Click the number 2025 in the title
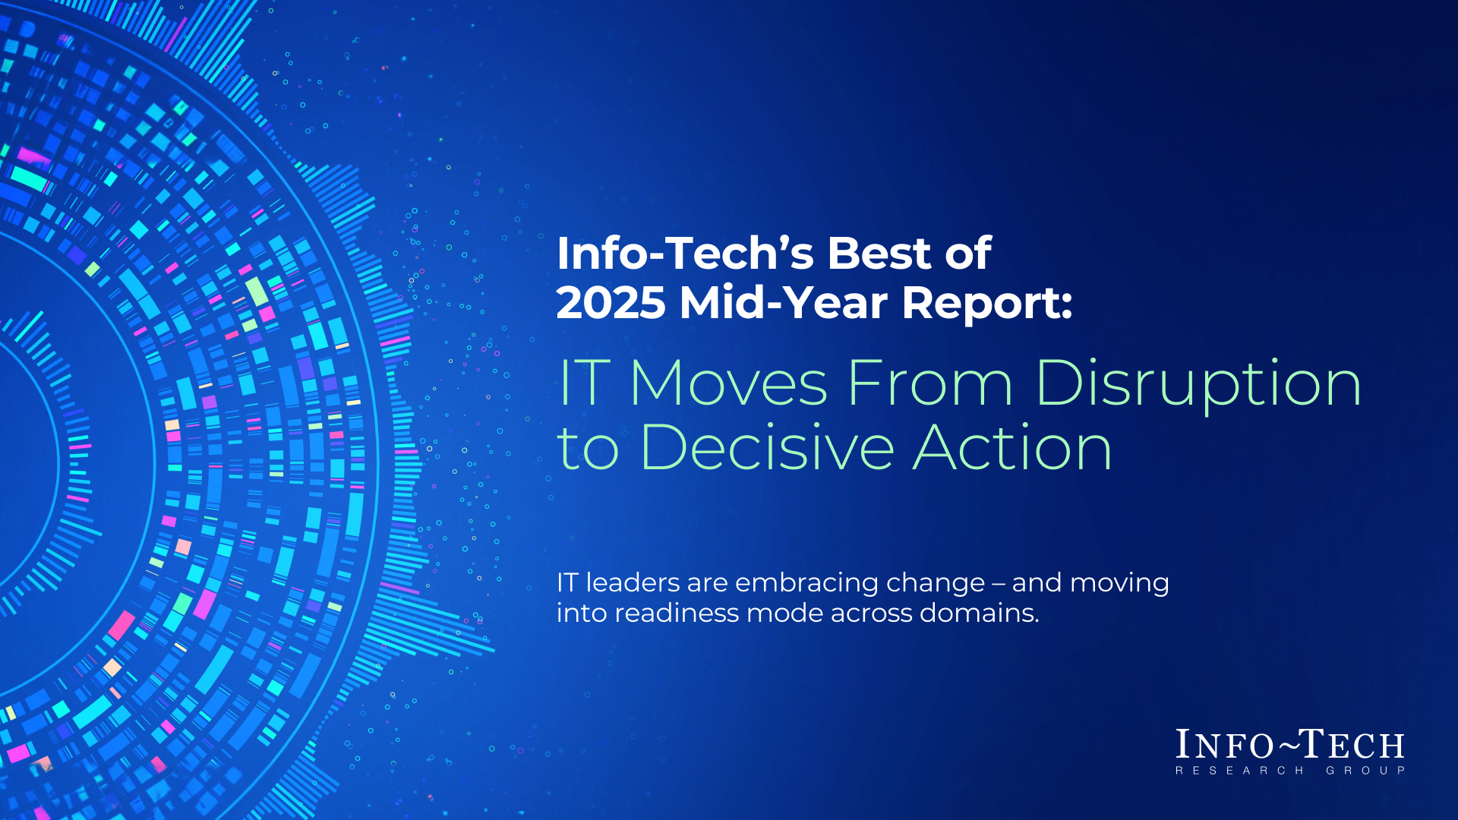(611, 303)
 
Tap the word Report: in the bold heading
(987, 303)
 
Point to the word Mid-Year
(783, 303)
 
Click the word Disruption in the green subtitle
(1198, 384)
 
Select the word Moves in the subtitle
(728, 384)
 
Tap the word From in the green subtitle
(929, 384)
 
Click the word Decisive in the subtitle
(768, 448)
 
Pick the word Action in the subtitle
(1012, 448)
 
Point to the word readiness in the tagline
(676, 613)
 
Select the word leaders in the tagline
(633, 583)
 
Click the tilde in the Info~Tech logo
(1289, 746)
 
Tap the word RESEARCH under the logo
(1239, 771)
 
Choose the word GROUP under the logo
(1365, 771)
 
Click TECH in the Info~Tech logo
(1355, 745)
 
